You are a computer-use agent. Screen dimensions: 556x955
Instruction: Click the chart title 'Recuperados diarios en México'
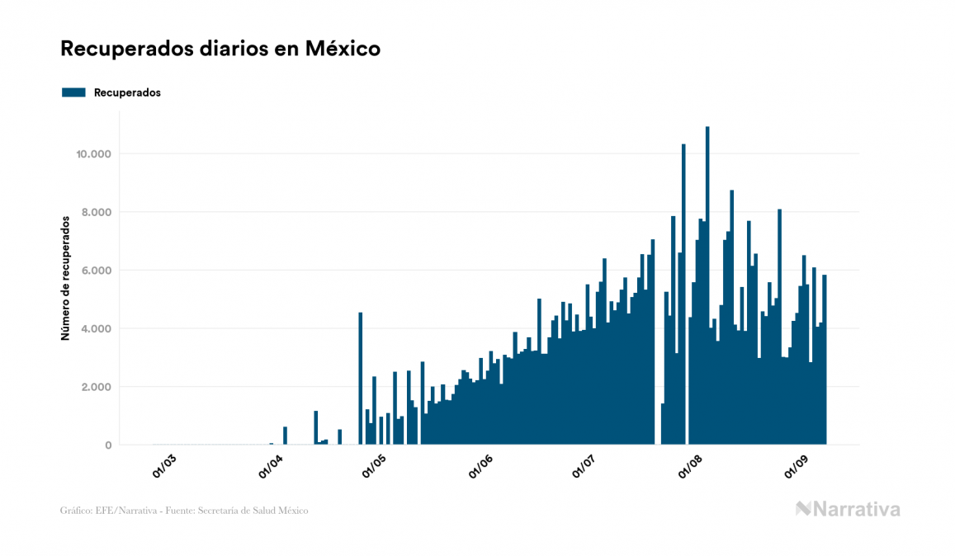(x=220, y=49)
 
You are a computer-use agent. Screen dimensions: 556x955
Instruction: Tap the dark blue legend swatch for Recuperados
(x=73, y=92)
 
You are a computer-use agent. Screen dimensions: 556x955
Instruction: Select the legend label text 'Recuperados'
(x=127, y=92)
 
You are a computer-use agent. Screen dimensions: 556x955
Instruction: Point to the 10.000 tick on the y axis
(x=94, y=154)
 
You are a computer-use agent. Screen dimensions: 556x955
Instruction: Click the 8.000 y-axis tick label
(x=97, y=212)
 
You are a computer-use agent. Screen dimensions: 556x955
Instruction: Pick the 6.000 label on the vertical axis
(x=97, y=271)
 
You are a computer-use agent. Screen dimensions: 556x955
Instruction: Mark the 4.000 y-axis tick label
(x=97, y=328)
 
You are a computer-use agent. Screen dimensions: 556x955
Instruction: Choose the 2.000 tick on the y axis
(x=97, y=387)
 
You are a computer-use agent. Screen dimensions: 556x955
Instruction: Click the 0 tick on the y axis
(x=107, y=445)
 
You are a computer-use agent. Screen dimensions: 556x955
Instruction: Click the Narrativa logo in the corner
(x=848, y=509)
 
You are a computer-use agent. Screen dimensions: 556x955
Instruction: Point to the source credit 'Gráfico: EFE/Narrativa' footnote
(x=184, y=511)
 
